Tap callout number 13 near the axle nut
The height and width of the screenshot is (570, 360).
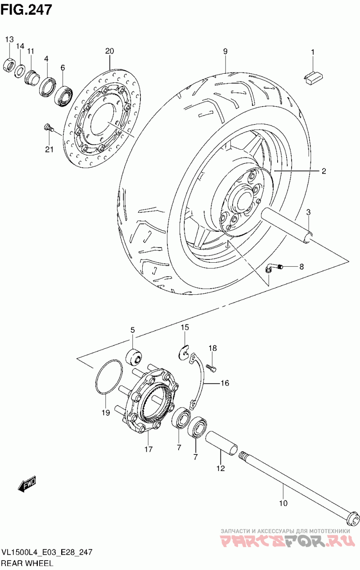click(9, 40)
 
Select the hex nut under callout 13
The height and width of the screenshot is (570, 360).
click(9, 65)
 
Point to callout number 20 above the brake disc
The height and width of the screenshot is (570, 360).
click(109, 51)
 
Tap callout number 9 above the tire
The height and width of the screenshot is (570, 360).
click(225, 51)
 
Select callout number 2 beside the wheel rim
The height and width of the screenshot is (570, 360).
click(324, 171)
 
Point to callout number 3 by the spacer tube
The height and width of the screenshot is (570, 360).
click(308, 212)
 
